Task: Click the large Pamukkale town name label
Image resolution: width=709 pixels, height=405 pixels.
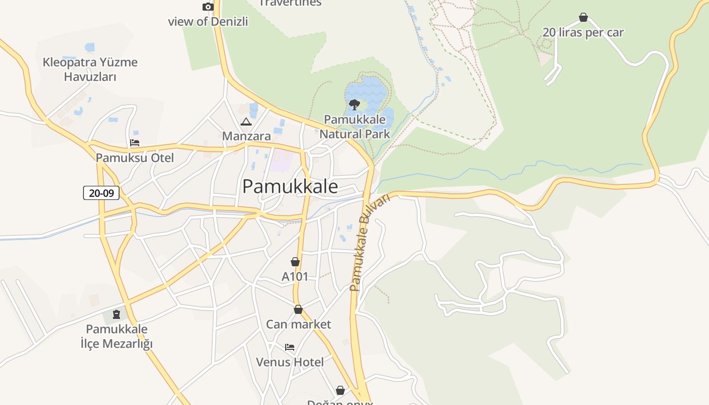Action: tap(290, 186)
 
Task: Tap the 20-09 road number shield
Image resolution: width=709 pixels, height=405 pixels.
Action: tap(101, 193)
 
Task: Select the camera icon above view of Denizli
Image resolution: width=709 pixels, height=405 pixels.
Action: tap(208, 7)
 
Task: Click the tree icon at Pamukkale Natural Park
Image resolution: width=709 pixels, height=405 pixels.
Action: tap(354, 105)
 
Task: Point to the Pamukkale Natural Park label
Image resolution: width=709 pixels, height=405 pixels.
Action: tap(354, 127)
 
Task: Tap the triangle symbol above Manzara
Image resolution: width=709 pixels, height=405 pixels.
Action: tap(246, 121)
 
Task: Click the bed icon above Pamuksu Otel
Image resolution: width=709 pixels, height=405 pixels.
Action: tap(135, 143)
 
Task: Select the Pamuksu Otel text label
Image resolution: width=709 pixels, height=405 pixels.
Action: tap(135, 158)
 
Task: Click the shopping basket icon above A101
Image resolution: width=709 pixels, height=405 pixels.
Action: tap(295, 262)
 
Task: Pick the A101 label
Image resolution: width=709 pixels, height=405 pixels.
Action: tap(295, 277)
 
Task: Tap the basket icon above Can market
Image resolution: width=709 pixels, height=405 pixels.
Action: tap(298, 309)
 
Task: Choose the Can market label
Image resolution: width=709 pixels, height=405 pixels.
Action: tap(298, 325)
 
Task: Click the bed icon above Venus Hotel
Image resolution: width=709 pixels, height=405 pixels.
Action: tap(290, 347)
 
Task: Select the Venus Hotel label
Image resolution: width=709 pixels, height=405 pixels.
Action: tap(290, 362)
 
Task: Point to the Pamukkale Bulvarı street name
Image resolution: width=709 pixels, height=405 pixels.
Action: tap(370, 243)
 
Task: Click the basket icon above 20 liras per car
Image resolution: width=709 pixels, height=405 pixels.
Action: tap(583, 18)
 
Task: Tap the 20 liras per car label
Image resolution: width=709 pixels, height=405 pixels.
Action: tap(583, 32)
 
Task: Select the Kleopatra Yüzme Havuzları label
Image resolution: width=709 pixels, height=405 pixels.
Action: tap(90, 69)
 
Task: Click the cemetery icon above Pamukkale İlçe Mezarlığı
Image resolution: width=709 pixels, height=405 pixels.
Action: tap(117, 314)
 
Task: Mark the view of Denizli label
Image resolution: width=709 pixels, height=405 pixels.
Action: tap(208, 22)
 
